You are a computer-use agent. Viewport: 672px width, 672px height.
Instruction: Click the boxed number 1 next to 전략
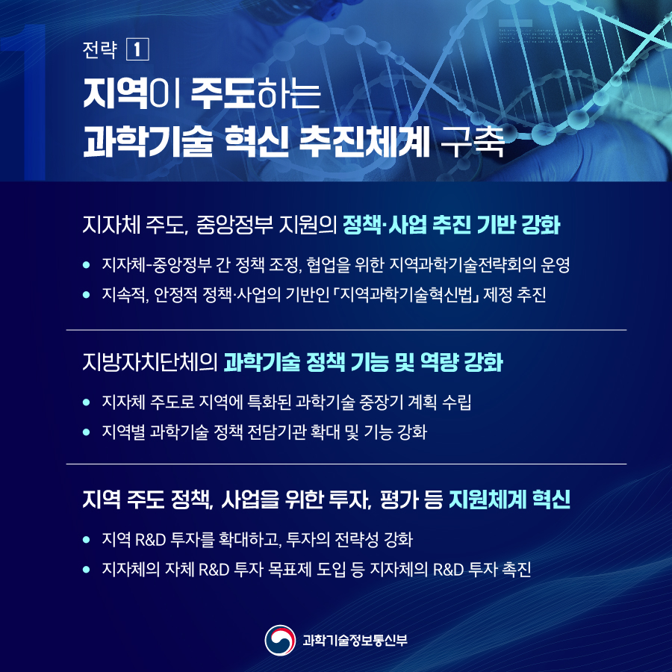point(140,50)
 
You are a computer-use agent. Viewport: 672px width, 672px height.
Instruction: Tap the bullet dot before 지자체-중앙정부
point(87,264)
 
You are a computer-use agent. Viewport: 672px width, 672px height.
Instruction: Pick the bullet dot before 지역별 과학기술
point(87,432)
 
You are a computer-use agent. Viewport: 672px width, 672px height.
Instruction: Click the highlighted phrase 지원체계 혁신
point(510,500)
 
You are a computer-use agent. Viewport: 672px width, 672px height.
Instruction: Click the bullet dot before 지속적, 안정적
point(87,296)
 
